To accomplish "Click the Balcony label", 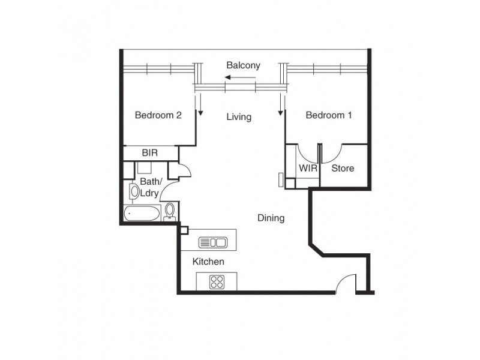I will pos(243,65).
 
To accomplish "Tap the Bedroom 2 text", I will pos(158,115).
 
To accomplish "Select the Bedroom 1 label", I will pos(328,115).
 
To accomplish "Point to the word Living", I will pos(238,117).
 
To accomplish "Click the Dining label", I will pos(271,218).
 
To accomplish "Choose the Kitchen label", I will pos(208,262).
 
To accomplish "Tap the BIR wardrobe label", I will pos(149,154).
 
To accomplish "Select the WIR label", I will pos(308,169).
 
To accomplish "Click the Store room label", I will pos(343,169).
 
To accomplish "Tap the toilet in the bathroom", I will pos(170,211).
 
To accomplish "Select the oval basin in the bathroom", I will pos(133,191).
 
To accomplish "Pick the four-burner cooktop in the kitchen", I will pos(217,282).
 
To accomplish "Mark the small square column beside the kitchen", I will pos(184,229).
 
